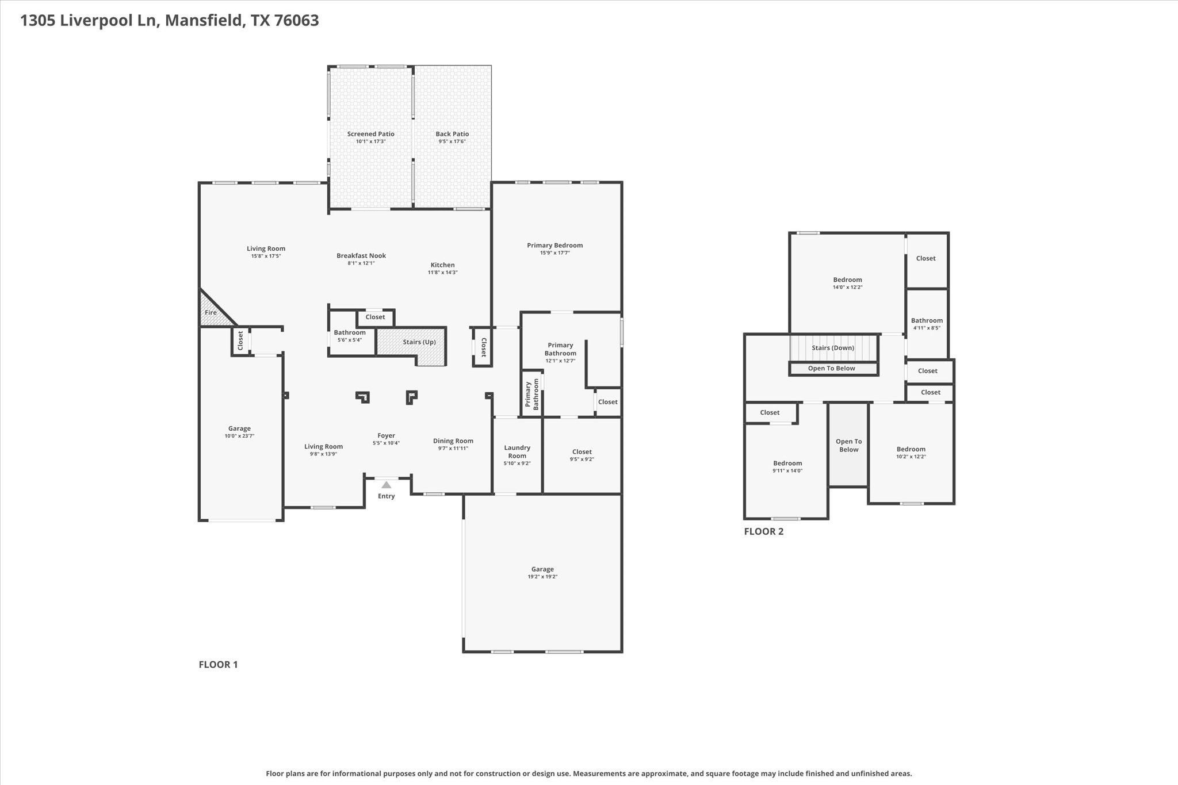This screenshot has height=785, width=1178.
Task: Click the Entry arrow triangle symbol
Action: (x=387, y=485)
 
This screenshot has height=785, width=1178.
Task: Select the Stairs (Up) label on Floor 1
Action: (x=419, y=342)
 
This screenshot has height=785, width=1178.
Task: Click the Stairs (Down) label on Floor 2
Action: (x=832, y=348)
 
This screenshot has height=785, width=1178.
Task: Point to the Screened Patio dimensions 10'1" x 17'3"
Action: (x=370, y=141)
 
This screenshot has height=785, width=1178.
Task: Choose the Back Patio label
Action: (x=452, y=134)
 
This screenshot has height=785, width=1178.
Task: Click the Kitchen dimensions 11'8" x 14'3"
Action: (x=442, y=273)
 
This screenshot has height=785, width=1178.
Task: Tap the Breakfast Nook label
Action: (x=361, y=256)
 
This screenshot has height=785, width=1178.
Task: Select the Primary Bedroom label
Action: (x=554, y=246)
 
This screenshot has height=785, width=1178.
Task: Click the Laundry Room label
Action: (x=517, y=451)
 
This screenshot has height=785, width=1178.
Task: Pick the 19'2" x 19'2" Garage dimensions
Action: (x=542, y=577)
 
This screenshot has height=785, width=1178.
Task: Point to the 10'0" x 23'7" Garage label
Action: (x=239, y=428)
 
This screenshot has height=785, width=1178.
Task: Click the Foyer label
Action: (x=386, y=436)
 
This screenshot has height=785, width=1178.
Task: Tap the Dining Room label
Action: (x=453, y=441)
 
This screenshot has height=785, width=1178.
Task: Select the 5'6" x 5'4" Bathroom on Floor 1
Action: (x=350, y=336)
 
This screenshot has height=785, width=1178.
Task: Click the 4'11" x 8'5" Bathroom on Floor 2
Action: (x=927, y=324)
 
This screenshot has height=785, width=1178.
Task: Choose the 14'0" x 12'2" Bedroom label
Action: (x=847, y=280)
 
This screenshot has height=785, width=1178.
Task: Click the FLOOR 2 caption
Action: (x=763, y=531)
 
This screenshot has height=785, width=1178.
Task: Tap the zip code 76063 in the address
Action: (x=296, y=21)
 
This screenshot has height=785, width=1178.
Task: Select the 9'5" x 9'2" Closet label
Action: (x=582, y=452)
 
